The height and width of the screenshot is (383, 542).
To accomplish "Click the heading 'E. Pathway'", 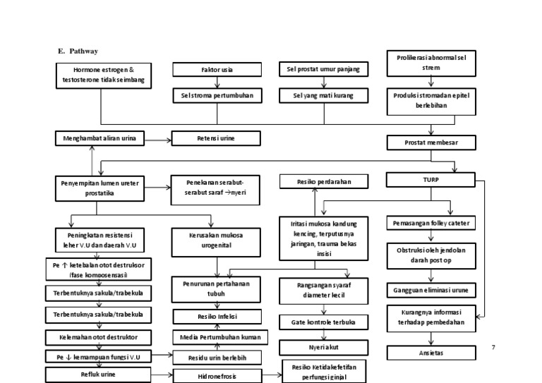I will pyautogui.click(x=78, y=51).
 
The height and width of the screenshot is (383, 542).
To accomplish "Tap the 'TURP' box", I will pyautogui.click(x=421, y=181).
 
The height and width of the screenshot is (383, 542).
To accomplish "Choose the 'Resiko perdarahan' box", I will pyautogui.click(x=324, y=182).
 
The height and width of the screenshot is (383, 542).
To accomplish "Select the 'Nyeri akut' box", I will pyautogui.click(x=324, y=348).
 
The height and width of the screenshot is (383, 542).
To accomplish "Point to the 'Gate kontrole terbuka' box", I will pyautogui.click(x=324, y=322).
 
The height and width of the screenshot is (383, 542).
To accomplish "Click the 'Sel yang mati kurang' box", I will pyautogui.click(x=324, y=95).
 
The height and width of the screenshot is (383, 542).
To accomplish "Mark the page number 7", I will pyautogui.click(x=493, y=347).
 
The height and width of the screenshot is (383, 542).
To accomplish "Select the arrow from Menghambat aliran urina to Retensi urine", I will pyautogui.click(x=158, y=140).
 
